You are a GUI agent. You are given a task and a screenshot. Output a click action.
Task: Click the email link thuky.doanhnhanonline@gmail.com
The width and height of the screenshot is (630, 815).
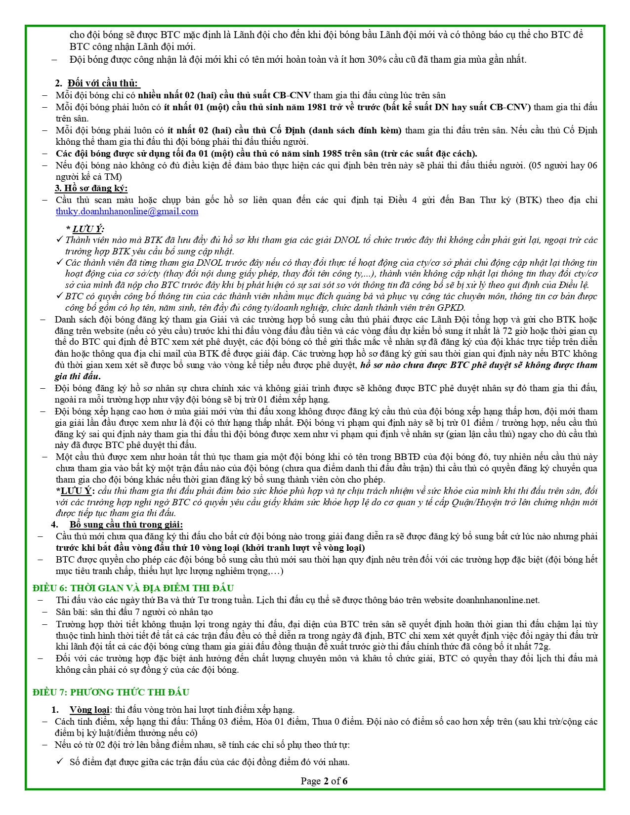click(127, 211)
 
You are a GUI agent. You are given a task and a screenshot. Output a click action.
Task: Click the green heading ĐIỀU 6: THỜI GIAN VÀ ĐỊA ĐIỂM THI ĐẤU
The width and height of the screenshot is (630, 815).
click(133, 588)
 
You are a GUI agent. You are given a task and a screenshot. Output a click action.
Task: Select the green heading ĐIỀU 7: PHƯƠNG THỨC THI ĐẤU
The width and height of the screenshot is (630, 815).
click(111, 692)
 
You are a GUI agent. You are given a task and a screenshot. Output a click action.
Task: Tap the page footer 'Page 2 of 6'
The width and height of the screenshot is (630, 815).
click(324, 781)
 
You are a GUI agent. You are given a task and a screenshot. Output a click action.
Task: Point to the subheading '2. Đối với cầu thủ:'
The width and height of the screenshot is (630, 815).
click(97, 83)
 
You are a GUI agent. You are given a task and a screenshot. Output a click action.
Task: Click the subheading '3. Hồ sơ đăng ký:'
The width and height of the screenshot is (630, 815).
click(91, 188)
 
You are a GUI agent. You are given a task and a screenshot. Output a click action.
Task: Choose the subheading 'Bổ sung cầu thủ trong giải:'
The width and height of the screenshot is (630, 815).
click(126, 525)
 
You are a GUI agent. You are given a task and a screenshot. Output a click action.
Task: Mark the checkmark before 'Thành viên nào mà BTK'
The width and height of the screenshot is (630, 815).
click(59, 240)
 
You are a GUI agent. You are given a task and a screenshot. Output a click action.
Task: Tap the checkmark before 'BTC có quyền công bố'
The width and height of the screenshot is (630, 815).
click(59, 296)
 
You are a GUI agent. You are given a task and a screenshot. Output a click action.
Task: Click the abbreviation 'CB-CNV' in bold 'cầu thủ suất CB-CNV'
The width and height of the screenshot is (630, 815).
click(294, 95)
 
